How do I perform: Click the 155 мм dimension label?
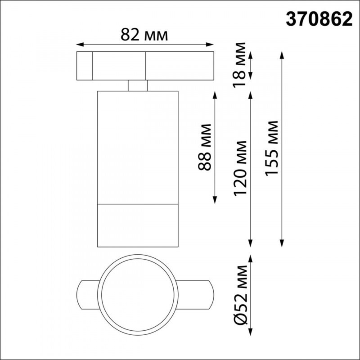click(272, 148)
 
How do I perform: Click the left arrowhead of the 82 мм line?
click(79, 45)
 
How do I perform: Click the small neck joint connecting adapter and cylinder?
click(138, 85)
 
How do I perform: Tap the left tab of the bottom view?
click(87, 294)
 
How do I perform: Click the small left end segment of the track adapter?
click(84, 66)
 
